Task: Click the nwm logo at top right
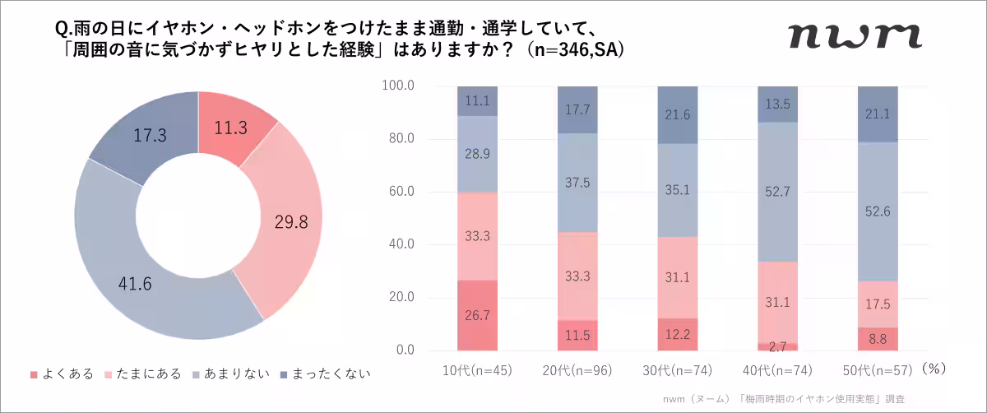pyautogui.click(x=854, y=35)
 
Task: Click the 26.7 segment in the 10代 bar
pyautogui.click(x=478, y=316)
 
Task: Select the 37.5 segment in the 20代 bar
pyautogui.click(x=578, y=183)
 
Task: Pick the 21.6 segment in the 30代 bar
pyautogui.click(x=679, y=115)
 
